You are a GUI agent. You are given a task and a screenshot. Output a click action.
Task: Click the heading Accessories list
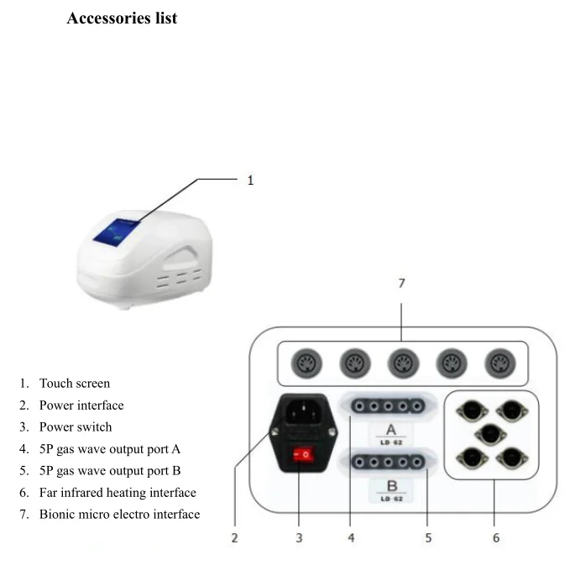(x=122, y=18)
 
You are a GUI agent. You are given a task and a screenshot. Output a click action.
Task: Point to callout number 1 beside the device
(x=250, y=180)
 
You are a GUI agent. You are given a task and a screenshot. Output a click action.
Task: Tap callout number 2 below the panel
(x=235, y=537)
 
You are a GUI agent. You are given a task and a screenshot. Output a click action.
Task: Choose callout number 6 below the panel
(x=495, y=537)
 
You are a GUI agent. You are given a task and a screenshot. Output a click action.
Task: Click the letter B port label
(x=391, y=486)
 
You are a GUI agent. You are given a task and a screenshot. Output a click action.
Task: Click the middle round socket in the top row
(x=400, y=364)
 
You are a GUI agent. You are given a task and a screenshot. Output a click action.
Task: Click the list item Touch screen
(x=74, y=384)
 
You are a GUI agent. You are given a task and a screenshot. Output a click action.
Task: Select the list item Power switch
(x=75, y=427)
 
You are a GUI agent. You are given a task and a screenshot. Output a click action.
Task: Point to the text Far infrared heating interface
(x=118, y=493)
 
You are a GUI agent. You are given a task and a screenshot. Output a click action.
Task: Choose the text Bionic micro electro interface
(x=119, y=514)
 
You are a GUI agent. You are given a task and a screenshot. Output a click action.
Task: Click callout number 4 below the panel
(x=351, y=537)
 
